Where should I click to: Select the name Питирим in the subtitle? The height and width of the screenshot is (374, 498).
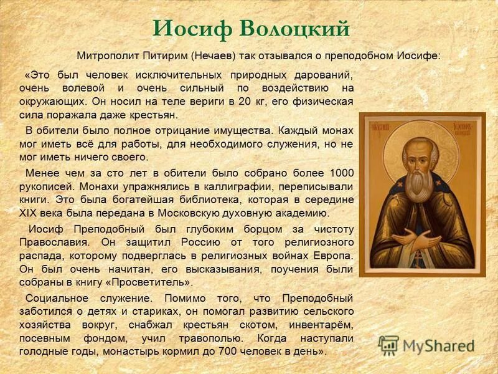(165, 55)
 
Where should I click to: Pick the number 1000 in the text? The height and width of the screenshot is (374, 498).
(341, 173)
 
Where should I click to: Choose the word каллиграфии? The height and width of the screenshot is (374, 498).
(215, 186)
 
